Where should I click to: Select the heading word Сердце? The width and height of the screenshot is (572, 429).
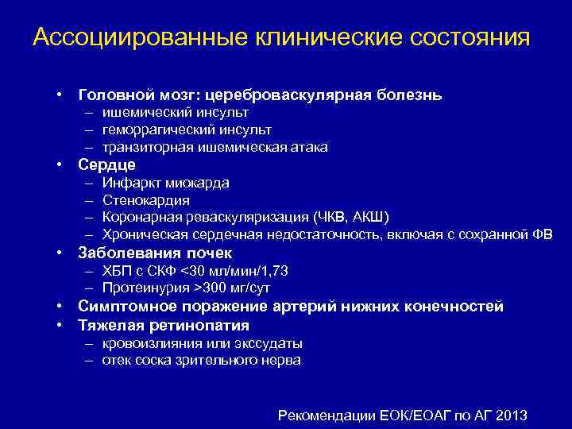tap(106, 165)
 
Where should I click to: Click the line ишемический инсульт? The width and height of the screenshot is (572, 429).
tap(168, 112)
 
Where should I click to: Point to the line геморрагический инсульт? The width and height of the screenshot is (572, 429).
tap(186, 129)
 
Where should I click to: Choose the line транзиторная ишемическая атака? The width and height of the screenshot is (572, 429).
tap(214, 147)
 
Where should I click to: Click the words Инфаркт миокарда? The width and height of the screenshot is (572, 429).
tap(165, 183)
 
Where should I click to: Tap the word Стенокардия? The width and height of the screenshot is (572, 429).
tap(145, 200)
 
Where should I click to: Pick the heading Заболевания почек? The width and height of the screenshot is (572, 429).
tap(155, 253)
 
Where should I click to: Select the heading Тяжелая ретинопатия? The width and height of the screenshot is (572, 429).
tap(164, 325)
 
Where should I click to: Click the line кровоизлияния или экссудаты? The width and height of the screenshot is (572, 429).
tap(202, 343)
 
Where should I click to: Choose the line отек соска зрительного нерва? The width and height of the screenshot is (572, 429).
tap(201, 360)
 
